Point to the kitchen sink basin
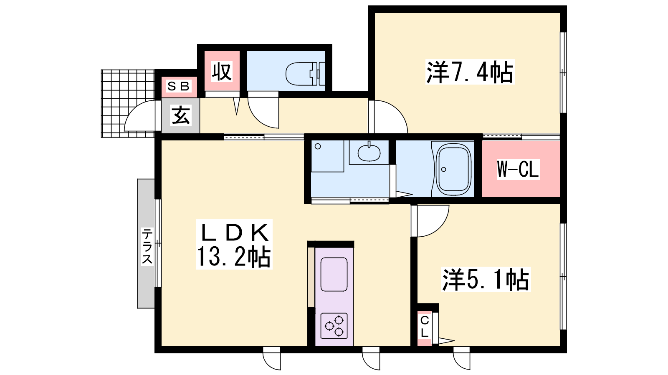(x=334, y=274)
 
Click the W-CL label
(x=518, y=169)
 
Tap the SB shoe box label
(x=179, y=86)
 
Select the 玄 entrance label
(x=181, y=115)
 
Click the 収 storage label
(x=222, y=72)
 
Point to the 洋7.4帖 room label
(x=470, y=72)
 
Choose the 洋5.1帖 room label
(x=486, y=280)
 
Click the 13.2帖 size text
(x=233, y=257)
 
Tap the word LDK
(x=235, y=233)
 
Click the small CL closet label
(x=425, y=327)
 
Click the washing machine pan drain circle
(x=318, y=146)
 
